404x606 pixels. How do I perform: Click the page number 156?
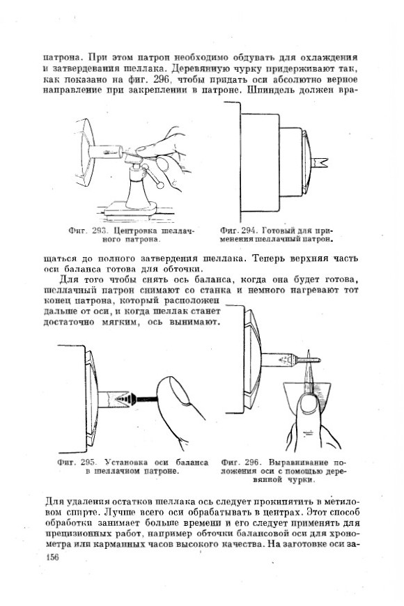pyautogui.click(x=52, y=557)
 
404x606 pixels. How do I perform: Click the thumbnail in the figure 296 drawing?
pyautogui.click(x=309, y=405)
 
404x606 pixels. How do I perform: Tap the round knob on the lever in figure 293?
pyautogui.click(x=160, y=185)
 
